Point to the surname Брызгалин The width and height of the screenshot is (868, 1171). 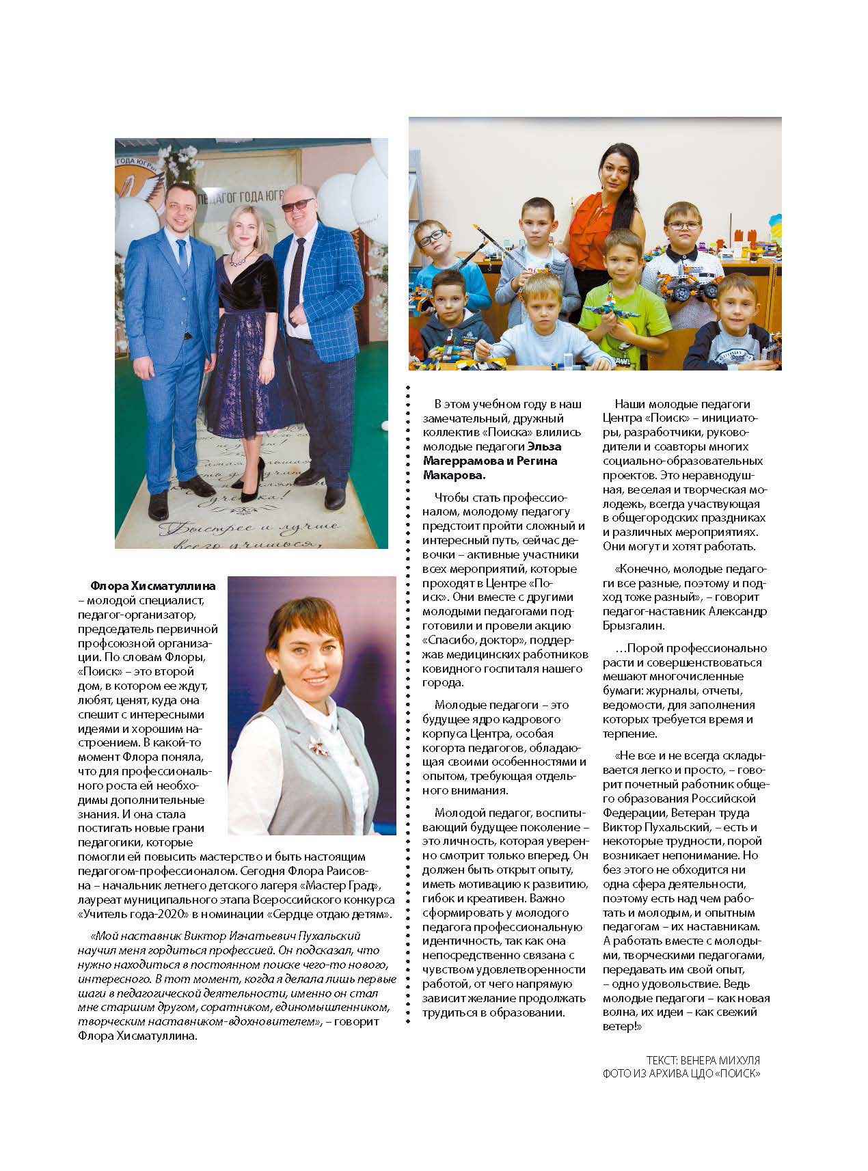(633, 625)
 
